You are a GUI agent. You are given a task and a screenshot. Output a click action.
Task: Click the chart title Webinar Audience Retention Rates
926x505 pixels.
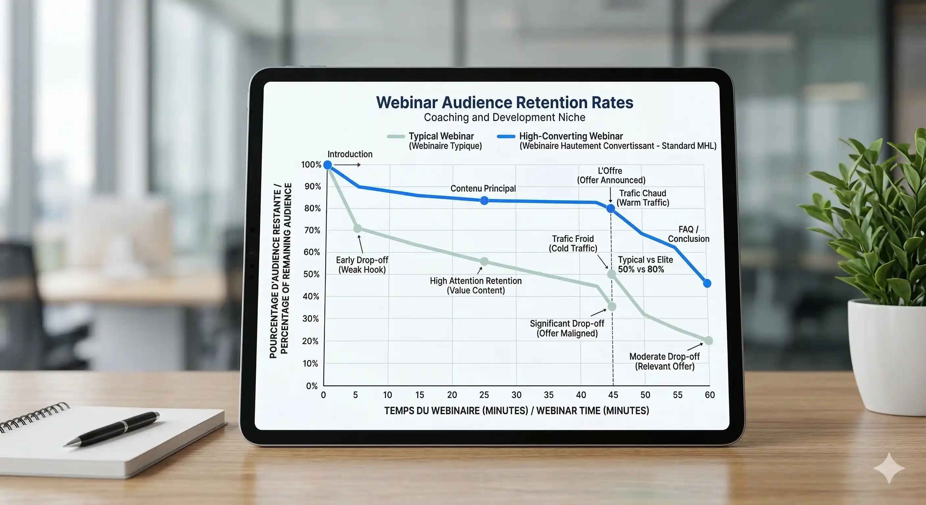(x=504, y=103)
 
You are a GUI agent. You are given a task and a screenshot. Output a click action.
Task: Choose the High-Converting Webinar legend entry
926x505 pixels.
(x=571, y=136)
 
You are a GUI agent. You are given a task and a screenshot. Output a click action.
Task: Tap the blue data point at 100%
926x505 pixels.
(x=328, y=165)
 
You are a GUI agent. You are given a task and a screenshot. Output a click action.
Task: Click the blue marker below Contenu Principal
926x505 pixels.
(x=484, y=201)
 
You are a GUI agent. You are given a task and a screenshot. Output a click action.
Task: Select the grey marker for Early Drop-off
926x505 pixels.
(x=357, y=228)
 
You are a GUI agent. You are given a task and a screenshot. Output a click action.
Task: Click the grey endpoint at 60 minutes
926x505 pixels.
(x=708, y=341)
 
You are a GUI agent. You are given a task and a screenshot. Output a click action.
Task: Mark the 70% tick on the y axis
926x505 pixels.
(x=312, y=230)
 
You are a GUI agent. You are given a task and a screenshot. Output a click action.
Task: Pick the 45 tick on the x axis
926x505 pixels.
(x=613, y=395)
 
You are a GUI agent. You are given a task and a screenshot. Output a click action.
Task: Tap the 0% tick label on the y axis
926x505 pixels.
(x=312, y=386)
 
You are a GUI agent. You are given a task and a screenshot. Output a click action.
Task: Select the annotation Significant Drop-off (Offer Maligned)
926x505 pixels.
(x=567, y=328)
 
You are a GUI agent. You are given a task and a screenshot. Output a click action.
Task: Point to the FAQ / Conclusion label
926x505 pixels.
(x=688, y=234)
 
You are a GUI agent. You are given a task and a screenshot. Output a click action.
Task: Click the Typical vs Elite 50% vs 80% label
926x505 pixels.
(x=645, y=265)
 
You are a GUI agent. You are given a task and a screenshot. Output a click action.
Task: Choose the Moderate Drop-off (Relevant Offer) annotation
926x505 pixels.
(x=664, y=362)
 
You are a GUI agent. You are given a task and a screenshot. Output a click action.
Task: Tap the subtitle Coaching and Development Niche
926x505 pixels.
(x=504, y=117)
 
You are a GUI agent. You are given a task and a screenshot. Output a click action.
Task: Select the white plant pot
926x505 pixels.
(x=886, y=356)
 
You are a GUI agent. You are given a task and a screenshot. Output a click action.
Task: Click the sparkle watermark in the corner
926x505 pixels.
(x=889, y=468)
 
